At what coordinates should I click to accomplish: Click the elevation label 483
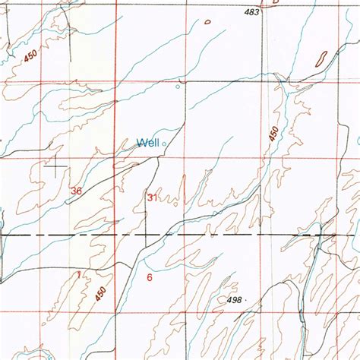pyautogui.click(x=252, y=12)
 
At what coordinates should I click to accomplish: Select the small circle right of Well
pyautogui.click(x=163, y=141)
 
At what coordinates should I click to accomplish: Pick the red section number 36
pyautogui.click(x=76, y=191)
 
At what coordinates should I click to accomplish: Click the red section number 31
pyautogui.click(x=152, y=197)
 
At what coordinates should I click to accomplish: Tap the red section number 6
pyautogui.click(x=150, y=277)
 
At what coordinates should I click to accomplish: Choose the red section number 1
pyautogui.click(x=78, y=274)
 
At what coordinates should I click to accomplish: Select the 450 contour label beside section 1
pyautogui.click(x=101, y=291)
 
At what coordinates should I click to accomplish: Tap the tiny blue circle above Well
pyautogui.click(x=178, y=86)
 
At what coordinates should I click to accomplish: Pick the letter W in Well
pyautogui.click(x=141, y=142)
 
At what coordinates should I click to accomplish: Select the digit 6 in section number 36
pyautogui.click(x=79, y=191)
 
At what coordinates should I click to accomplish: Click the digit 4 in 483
pyautogui.click(x=247, y=12)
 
